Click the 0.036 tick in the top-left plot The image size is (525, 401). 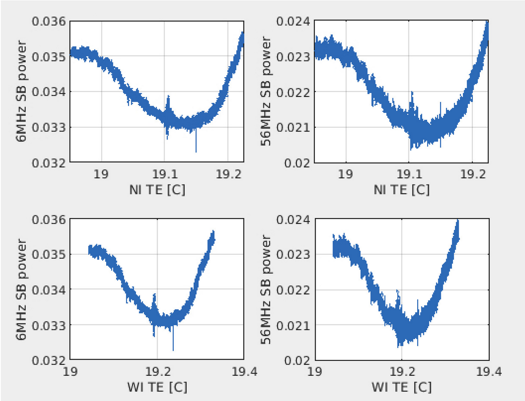pos(49,21)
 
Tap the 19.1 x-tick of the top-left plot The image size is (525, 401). pos(164,174)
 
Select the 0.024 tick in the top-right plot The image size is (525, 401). pos(293,21)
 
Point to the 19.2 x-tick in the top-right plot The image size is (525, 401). pos(472,174)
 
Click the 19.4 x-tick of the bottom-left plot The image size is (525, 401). pos(244,371)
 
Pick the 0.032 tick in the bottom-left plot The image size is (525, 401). pos(49,360)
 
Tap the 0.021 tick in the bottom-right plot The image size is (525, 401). pos(293,325)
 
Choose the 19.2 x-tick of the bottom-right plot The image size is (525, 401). pos(401,371)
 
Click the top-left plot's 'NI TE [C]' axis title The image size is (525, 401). pos(157,190)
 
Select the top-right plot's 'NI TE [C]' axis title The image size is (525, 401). pos(401,190)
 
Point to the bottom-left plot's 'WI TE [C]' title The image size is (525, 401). pos(157,387)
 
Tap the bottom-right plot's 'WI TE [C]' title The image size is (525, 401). pos(401,387)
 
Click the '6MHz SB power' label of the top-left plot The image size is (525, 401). pos(21,91)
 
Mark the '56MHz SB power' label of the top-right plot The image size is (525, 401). pos(266,91)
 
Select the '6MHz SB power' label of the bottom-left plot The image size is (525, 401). pos(21,289)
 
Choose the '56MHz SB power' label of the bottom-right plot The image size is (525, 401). pos(266,289)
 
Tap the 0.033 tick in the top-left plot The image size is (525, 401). pos(49,127)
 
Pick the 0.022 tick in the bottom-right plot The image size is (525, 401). pos(293,289)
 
